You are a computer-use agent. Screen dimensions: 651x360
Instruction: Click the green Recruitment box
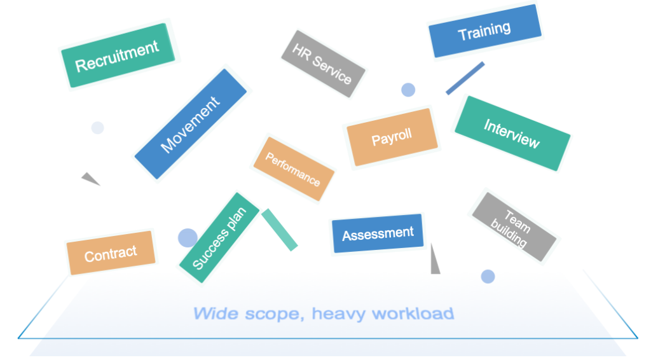tap(118, 55)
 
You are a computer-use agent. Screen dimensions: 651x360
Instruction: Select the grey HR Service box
tap(323, 64)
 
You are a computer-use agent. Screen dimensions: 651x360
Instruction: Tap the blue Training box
tap(485, 31)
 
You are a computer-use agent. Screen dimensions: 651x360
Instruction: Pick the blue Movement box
tap(191, 124)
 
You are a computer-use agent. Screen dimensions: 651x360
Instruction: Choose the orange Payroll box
tap(392, 137)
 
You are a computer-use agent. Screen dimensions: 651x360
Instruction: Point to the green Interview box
tap(512, 134)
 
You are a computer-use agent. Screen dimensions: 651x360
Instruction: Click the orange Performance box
tap(294, 169)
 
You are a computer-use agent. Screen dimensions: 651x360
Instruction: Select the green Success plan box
tap(219, 237)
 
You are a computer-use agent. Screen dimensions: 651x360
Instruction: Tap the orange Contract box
tap(111, 253)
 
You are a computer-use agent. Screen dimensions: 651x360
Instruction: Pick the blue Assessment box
tap(378, 233)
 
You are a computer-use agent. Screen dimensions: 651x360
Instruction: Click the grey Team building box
tap(514, 226)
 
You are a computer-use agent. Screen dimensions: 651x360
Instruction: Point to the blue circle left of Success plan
tap(188, 238)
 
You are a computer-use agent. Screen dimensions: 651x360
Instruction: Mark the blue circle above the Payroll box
tap(408, 90)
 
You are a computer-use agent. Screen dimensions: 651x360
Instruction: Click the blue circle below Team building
tap(488, 277)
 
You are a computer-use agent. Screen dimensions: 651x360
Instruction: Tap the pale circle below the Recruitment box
tap(97, 128)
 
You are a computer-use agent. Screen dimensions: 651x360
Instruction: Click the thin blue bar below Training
tap(465, 78)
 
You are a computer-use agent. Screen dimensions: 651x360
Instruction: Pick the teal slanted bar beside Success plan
tap(280, 230)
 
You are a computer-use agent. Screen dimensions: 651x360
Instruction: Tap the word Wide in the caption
tap(216, 314)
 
